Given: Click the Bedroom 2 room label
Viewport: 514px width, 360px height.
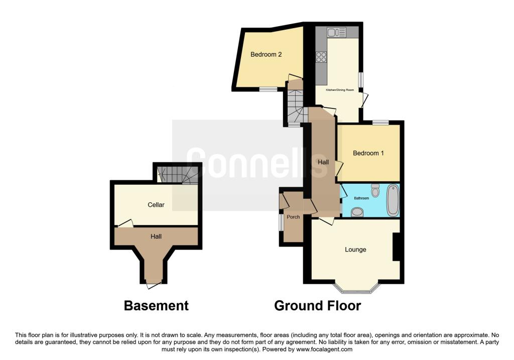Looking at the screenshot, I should coord(266,54).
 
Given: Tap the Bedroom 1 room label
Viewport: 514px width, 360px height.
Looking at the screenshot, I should coord(368,153).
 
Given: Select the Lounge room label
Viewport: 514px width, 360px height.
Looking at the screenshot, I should coord(355,250).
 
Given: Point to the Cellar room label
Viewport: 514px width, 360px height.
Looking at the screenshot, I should coord(156,205).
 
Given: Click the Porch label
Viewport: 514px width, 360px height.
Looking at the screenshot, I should coord(293,217).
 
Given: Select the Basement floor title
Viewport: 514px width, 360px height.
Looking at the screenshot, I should coord(156,305).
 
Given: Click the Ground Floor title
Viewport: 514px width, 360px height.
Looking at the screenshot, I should coord(317,305).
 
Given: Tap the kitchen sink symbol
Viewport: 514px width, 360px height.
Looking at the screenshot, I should coord(337,33).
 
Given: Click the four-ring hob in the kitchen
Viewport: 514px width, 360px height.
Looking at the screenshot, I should coord(320,57).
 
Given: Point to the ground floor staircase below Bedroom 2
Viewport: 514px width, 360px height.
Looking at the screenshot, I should coord(295,106).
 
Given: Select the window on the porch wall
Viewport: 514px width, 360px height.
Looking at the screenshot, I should coord(281,222).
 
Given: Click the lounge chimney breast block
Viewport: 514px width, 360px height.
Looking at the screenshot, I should coord(396,247).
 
